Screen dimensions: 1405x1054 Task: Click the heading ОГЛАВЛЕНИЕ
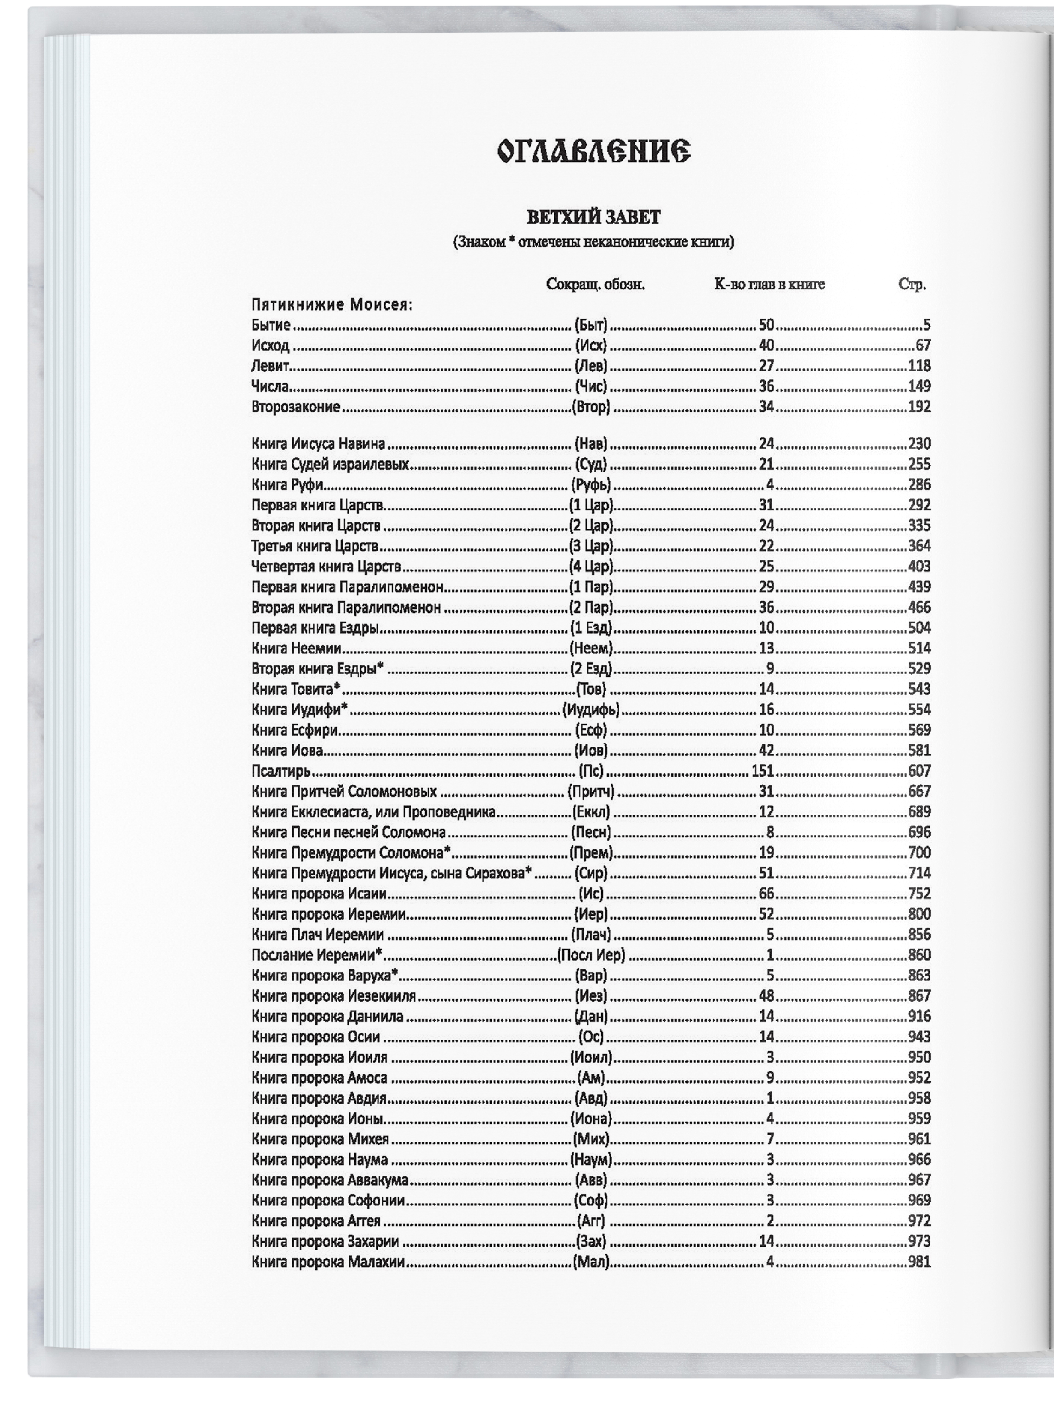click(593, 151)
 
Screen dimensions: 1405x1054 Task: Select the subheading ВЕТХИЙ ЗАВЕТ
click(593, 217)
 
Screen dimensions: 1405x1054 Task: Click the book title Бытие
click(271, 325)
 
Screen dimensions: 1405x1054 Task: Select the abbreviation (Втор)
click(591, 406)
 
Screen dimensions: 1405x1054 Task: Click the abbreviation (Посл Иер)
click(591, 955)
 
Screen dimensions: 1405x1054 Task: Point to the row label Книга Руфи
click(287, 485)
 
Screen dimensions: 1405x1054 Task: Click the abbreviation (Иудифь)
click(591, 710)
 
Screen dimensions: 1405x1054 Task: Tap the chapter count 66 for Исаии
click(766, 894)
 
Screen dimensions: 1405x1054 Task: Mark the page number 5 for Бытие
click(926, 325)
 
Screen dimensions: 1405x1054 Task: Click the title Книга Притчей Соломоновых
click(344, 791)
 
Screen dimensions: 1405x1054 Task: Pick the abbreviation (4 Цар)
click(591, 566)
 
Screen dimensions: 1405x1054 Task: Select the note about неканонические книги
click(593, 242)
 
